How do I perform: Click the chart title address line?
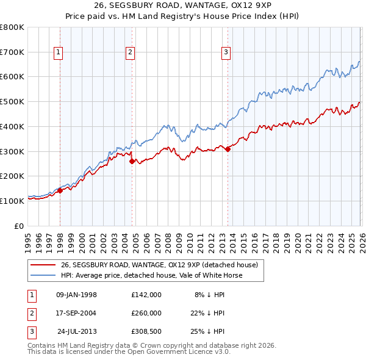[183, 5]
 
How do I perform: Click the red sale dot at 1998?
[60, 191]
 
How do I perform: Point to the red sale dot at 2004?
[132, 161]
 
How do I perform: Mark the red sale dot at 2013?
[228, 149]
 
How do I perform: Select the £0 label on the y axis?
[20, 226]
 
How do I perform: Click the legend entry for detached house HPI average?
[151, 275]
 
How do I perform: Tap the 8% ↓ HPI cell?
[209, 294]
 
